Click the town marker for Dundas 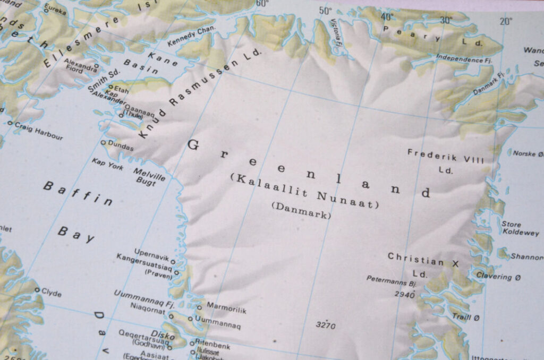click(104, 142)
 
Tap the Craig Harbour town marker click(10, 123)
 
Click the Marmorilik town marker click(199, 307)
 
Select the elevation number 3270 click(325, 325)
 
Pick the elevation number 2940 click(404, 294)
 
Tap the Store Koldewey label click(520, 228)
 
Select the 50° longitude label click(325, 10)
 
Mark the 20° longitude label click(506, 21)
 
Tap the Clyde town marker click(37, 290)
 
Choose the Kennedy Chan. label click(191, 36)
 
